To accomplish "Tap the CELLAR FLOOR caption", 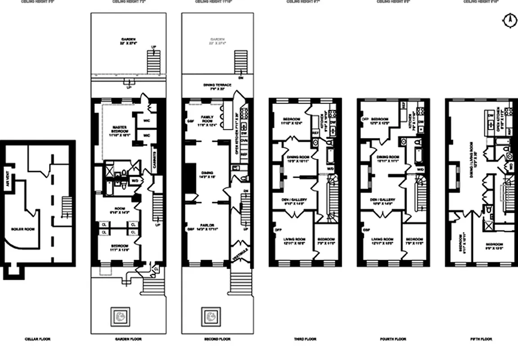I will (37, 339).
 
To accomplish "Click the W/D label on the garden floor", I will (134, 180).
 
